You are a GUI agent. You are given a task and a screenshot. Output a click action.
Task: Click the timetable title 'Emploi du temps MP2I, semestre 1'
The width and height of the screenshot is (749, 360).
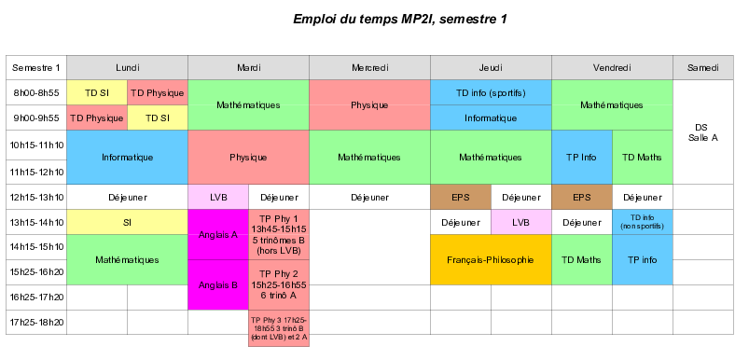click(x=399, y=19)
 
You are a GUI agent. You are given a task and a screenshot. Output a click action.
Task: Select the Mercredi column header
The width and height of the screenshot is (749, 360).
click(x=369, y=68)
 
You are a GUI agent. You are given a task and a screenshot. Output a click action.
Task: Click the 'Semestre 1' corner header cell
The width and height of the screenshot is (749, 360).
click(x=37, y=68)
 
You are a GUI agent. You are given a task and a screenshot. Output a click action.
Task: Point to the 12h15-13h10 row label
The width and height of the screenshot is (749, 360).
click(x=37, y=198)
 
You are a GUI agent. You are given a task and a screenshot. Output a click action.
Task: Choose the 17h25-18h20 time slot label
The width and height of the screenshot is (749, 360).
click(x=37, y=322)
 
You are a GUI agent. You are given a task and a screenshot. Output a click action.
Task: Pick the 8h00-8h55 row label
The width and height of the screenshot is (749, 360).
click(x=37, y=93)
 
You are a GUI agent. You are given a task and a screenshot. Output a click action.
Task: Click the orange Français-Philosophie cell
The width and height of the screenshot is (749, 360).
click(x=491, y=259)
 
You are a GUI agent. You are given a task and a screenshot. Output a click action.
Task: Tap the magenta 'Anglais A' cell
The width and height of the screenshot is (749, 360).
click(x=218, y=235)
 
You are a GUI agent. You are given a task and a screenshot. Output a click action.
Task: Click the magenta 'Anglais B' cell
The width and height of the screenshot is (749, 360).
click(x=218, y=284)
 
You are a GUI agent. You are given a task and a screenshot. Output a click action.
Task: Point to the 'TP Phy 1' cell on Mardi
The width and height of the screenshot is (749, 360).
click(x=279, y=235)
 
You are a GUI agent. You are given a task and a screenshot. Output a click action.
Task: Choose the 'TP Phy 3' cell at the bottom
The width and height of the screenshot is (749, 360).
click(x=279, y=328)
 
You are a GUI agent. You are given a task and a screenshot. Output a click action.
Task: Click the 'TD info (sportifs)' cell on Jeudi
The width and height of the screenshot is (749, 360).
click(x=491, y=93)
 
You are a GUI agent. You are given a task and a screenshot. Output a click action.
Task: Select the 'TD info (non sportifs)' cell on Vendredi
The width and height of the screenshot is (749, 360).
click(x=643, y=222)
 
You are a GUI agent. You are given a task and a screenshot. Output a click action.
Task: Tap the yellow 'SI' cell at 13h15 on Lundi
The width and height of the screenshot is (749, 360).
click(x=128, y=222)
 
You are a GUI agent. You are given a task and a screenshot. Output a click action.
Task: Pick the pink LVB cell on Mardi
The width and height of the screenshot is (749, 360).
click(x=218, y=198)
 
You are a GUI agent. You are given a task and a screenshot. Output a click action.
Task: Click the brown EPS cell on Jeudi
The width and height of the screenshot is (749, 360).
click(x=460, y=198)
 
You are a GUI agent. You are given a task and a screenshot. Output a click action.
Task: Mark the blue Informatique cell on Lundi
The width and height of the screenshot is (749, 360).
click(x=128, y=158)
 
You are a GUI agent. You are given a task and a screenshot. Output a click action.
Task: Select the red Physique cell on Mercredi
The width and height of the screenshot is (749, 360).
click(x=369, y=105)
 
